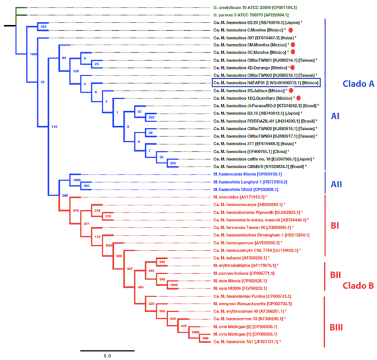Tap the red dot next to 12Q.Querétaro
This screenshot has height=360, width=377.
298,99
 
